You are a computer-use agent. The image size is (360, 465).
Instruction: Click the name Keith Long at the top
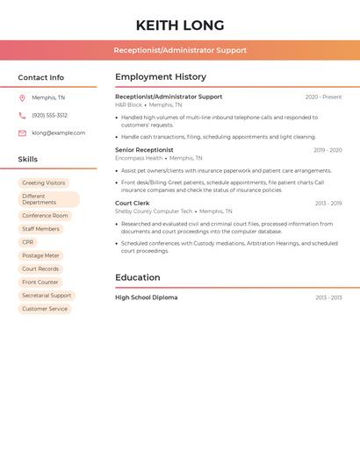(x=180, y=25)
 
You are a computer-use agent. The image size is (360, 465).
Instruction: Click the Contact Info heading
(x=41, y=77)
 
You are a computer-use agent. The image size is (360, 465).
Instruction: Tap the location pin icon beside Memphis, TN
(x=22, y=97)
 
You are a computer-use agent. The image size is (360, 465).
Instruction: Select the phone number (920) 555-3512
(x=49, y=115)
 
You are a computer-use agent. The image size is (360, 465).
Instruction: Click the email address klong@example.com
(x=59, y=132)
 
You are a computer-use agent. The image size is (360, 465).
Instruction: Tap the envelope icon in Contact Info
(x=22, y=132)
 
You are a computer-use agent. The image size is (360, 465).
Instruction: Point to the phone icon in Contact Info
(x=22, y=115)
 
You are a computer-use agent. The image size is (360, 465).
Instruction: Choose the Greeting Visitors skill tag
(x=44, y=182)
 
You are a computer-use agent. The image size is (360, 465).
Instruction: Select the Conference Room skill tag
(x=45, y=215)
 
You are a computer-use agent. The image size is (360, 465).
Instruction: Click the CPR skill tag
(x=28, y=242)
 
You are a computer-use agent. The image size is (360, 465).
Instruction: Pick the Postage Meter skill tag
(x=40, y=255)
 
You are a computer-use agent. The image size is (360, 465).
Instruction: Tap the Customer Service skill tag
(x=45, y=309)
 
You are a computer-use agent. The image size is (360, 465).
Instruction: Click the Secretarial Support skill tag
(x=47, y=296)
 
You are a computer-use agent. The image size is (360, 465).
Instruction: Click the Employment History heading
(x=161, y=77)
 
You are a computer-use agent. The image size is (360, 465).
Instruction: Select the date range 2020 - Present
(x=323, y=97)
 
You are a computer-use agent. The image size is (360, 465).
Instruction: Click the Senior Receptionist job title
(x=144, y=150)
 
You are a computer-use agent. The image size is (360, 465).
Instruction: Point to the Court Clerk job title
(x=133, y=203)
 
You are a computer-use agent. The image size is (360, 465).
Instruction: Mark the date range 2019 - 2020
(x=328, y=150)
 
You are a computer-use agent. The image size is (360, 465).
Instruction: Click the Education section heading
(x=138, y=277)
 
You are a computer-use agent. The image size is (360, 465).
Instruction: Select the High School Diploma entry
(x=146, y=297)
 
